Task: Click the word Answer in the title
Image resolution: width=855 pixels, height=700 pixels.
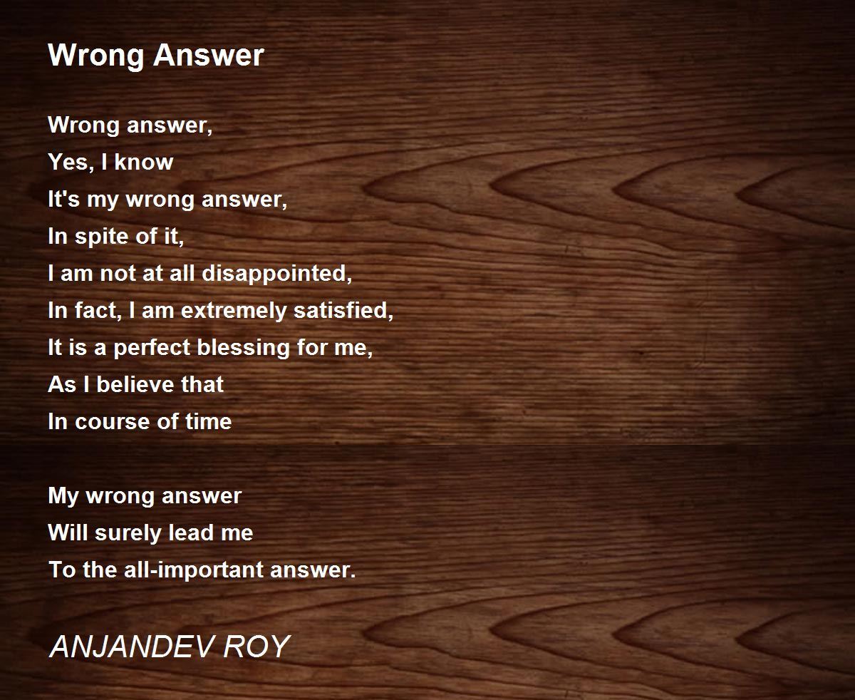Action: tap(209, 55)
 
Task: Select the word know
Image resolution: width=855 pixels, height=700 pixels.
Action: tap(144, 162)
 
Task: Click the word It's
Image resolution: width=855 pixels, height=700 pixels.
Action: tap(63, 199)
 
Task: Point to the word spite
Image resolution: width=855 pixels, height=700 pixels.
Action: tap(101, 237)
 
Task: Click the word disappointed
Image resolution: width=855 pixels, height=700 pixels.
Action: tap(277, 273)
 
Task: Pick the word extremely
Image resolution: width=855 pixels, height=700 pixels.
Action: tap(234, 311)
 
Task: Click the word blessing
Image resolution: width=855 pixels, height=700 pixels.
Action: tap(244, 348)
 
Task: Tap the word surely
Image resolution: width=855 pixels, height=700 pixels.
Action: tap(128, 533)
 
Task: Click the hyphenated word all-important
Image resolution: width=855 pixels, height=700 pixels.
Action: tap(195, 570)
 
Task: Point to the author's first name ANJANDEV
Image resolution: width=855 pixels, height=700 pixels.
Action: tap(132, 646)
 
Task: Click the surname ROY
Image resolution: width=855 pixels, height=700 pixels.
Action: tap(256, 646)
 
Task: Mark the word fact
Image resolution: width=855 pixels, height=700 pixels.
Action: tap(98, 310)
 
